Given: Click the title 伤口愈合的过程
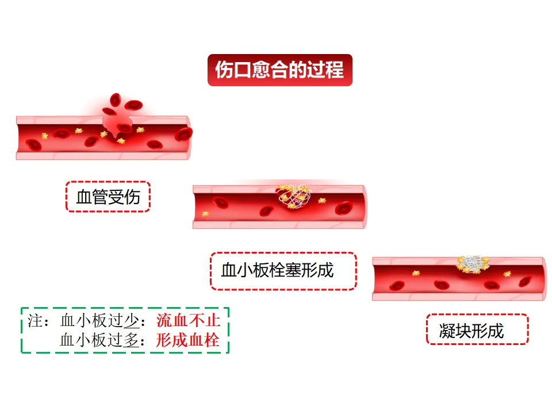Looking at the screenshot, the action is click(279, 70).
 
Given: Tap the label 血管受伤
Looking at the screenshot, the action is click(108, 197).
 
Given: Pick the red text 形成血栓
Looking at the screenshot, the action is click(188, 340).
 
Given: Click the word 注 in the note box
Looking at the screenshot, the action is click(34, 320).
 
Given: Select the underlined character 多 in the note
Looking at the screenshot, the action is click(132, 340).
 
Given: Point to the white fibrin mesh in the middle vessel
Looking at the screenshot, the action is click(296, 197).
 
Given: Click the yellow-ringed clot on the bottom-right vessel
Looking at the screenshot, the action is click(473, 264).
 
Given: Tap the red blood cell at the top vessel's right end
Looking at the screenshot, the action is click(184, 134).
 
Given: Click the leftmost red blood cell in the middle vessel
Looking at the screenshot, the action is click(220, 201).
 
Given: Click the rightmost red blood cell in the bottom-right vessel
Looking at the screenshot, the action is click(525, 281).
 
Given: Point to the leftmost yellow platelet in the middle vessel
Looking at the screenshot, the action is click(205, 214).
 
